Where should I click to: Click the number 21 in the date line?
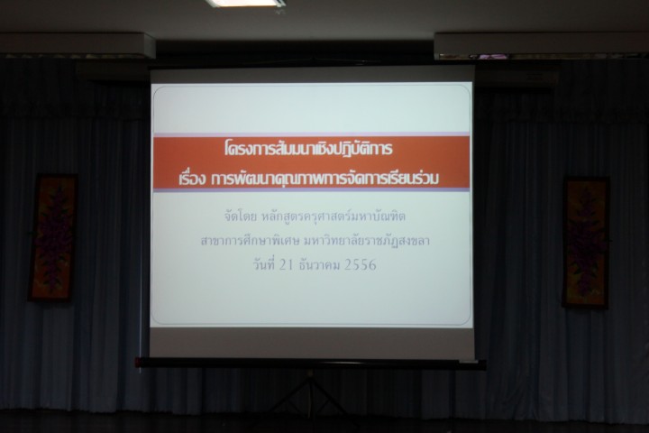point(286,264)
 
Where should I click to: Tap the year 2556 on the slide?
point(360,264)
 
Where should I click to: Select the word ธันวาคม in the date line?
point(319,264)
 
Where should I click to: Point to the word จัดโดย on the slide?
point(240,216)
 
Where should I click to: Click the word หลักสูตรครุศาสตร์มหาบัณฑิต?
point(334,216)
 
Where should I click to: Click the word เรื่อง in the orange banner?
point(193,179)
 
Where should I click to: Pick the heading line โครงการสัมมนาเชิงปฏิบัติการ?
point(308,149)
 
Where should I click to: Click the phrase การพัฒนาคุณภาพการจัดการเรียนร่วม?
point(324,179)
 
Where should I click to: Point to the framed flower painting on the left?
point(52,237)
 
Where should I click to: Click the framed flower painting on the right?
point(586,243)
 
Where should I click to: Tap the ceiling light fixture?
point(245,3)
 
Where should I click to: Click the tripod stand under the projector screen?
point(310,392)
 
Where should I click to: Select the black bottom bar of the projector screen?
point(310,364)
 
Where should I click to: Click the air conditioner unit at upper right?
point(542,46)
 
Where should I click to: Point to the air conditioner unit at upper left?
point(78,45)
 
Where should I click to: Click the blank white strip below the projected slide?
point(312,342)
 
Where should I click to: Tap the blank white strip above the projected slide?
point(312,77)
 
